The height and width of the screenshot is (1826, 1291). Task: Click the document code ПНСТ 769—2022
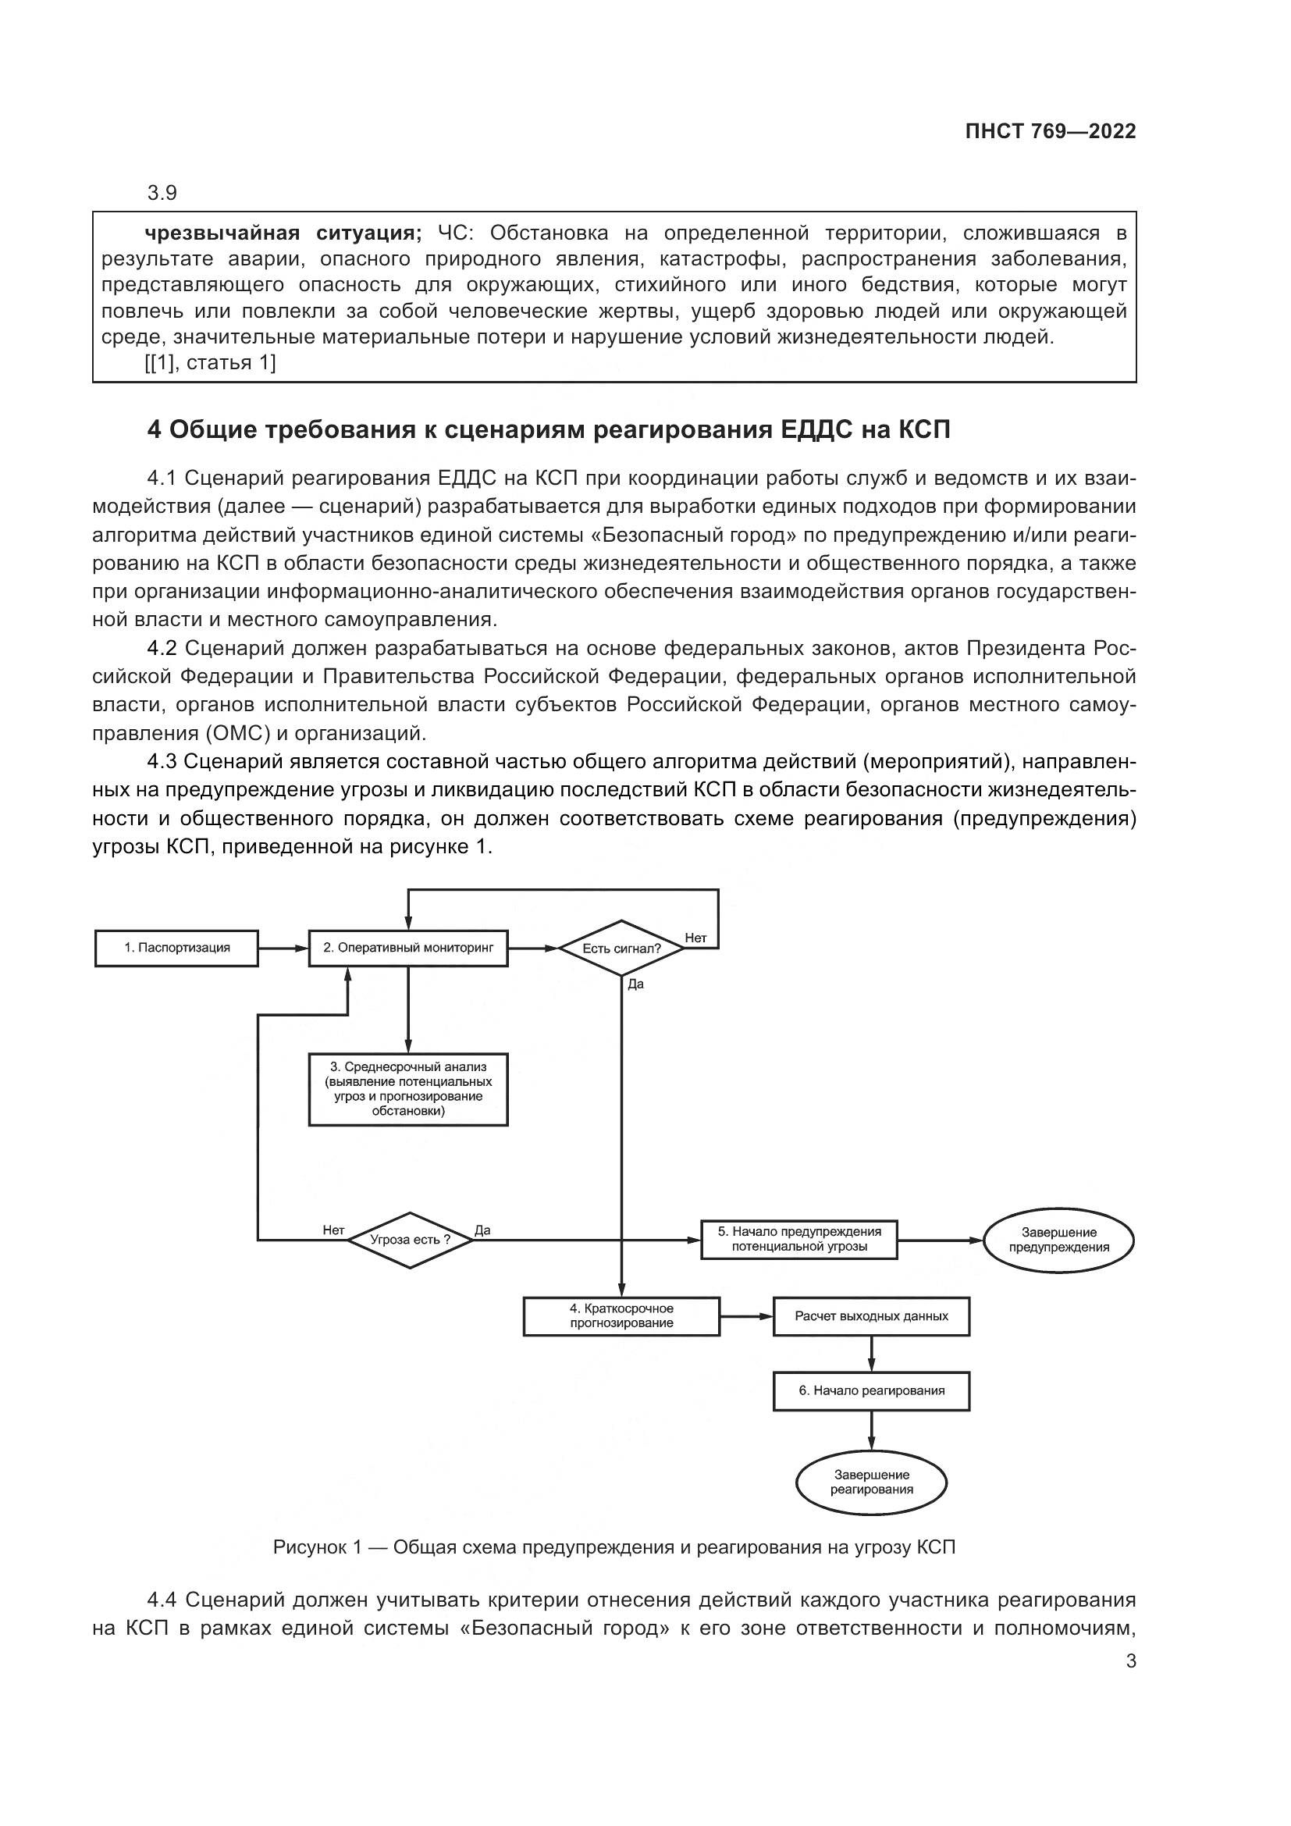pyautogui.click(x=1049, y=132)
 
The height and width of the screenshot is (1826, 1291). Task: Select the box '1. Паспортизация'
pyautogui.click(x=176, y=948)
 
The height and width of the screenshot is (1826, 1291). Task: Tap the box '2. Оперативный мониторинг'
pyautogui.click(x=407, y=948)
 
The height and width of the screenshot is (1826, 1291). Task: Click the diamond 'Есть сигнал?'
pyautogui.click(x=621, y=948)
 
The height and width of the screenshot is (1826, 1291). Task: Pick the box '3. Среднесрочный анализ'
pyautogui.click(x=407, y=1089)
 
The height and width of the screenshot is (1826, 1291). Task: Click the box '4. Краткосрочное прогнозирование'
pyautogui.click(x=621, y=1316)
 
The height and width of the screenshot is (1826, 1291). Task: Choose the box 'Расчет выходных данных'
pyautogui.click(x=871, y=1316)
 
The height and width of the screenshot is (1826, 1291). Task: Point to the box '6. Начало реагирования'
pyautogui.click(x=871, y=1391)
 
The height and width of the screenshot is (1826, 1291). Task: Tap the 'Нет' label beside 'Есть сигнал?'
pyautogui.click(x=695, y=938)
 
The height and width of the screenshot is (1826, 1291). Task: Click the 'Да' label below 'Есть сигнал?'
pyautogui.click(x=635, y=984)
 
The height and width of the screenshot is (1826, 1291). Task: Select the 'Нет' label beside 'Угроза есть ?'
pyautogui.click(x=333, y=1230)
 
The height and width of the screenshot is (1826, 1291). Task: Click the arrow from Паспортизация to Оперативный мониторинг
pyautogui.click(x=283, y=948)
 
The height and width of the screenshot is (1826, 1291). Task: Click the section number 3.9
pyautogui.click(x=162, y=194)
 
